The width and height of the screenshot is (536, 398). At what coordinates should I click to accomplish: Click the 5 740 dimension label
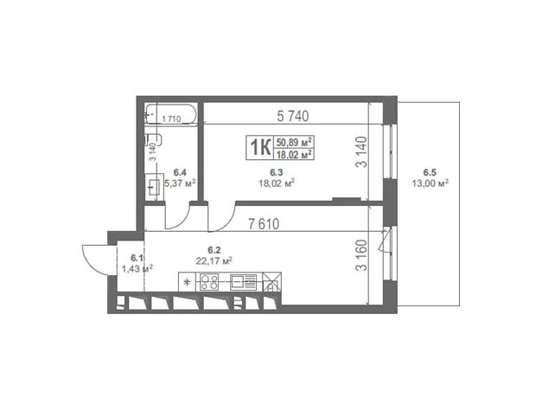coord(292,116)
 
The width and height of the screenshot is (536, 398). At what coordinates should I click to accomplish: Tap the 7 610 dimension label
coord(264,224)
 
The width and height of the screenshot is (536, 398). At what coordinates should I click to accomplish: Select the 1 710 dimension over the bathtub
coord(171,119)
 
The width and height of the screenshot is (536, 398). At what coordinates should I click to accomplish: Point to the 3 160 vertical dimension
coord(361,255)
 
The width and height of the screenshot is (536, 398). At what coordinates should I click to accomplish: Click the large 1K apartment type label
coord(260,147)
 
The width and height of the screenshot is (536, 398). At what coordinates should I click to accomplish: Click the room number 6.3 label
coord(276,173)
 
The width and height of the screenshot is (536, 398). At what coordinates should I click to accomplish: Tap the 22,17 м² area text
coord(214,261)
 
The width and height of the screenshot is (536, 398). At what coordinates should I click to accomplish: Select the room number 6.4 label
coord(180,172)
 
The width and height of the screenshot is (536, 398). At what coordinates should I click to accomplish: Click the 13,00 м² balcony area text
coord(430,183)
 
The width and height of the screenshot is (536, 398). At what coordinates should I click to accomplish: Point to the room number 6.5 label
coord(430,173)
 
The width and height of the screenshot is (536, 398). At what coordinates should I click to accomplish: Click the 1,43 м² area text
coord(137,268)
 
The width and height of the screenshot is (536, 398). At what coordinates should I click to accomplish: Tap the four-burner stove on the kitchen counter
coord(209,282)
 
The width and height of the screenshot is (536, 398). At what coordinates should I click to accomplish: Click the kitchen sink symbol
coord(244,282)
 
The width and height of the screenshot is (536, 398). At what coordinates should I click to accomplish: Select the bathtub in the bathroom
coord(170,114)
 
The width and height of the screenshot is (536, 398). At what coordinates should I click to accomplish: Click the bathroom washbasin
coord(154,187)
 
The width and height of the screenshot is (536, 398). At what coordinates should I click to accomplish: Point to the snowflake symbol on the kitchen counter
coord(187,282)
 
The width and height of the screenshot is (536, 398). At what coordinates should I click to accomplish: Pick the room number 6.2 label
coord(214,251)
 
